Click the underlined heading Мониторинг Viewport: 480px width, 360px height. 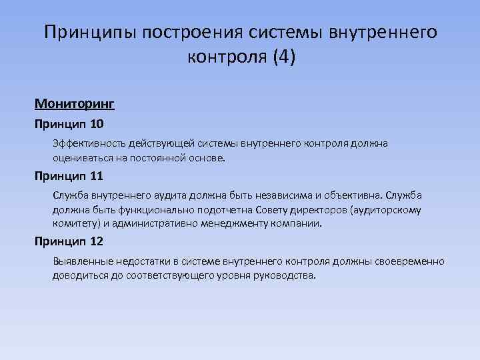coord(75,105)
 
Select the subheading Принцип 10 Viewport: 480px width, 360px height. coord(69,124)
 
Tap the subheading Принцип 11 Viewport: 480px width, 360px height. coord(69,176)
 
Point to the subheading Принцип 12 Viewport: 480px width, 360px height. coord(69,242)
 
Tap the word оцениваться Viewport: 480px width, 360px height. coord(83,159)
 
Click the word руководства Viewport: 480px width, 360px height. coord(281,276)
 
